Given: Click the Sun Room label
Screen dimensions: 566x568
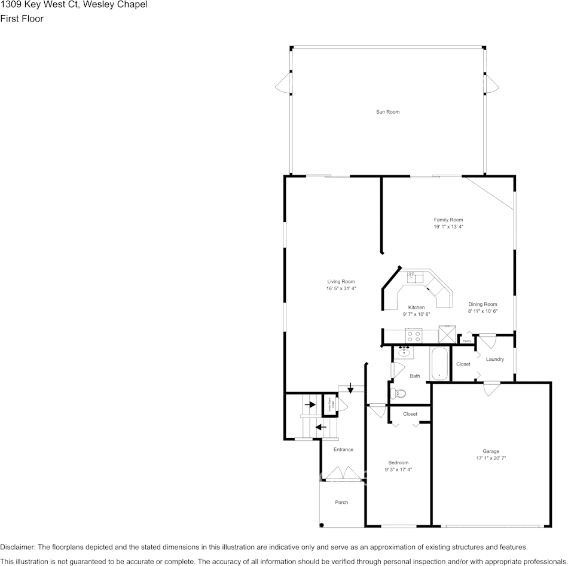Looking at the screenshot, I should [x=387, y=112].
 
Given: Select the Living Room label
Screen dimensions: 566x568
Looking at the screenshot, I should [x=341, y=281].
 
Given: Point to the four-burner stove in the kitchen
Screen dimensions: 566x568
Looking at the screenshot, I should [x=413, y=335].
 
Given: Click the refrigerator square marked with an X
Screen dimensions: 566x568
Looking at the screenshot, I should [x=447, y=334].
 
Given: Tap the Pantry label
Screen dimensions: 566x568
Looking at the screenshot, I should [x=466, y=341].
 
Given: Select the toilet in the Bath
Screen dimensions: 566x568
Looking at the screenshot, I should [x=398, y=393].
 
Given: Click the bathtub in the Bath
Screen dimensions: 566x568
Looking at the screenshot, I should [x=439, y=363].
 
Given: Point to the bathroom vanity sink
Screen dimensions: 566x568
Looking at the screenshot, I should [x=404, y=352].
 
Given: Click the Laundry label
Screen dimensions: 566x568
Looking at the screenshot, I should [x=495, y=359].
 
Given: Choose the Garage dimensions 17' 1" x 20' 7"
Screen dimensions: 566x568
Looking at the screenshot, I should [x=491, y=458].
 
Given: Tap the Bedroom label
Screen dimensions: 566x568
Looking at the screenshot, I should [x=398, y=462].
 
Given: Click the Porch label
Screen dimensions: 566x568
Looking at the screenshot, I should [x=341, y=502].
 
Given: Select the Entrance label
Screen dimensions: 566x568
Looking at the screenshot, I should [x=343, y=449].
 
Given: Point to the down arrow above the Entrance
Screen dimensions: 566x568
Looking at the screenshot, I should [x=350, y=390].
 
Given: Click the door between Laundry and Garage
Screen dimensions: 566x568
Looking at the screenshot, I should [x=491, y=387].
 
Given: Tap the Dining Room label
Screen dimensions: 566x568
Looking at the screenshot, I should [x=483, y=304].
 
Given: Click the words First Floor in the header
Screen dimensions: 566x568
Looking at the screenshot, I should [x=22, y=19].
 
